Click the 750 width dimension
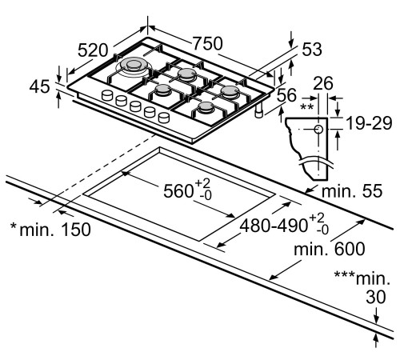click(x=207, y=43)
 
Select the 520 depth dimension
click(x=93, y=50)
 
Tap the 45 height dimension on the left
click(x=39, y=86)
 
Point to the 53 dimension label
click(x=312, y=50)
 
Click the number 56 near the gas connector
click(x=286, y=95)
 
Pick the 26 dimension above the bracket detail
click(x=323, y=83)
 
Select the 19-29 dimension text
click(x=369, y=123)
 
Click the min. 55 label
click(x=352, y=191)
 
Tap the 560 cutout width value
click(x=178, y=191)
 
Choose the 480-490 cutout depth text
click(x=274, y=226)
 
